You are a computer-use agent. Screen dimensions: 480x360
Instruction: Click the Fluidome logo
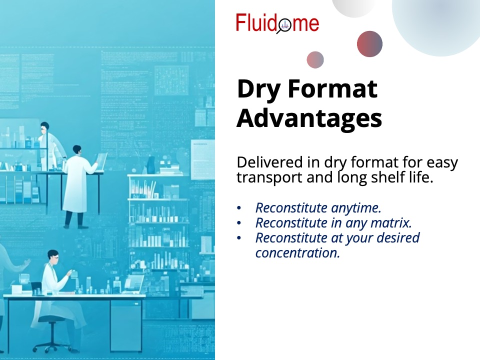[277, 23]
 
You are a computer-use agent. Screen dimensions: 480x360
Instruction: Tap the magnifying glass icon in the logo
[284, 25]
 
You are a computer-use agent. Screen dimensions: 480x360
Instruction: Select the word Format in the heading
[332, 88]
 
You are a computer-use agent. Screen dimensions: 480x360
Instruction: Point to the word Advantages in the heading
[309, 118]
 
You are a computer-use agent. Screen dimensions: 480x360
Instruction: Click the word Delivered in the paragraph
[269, 162]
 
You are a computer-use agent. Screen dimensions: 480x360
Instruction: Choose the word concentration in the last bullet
[297, 253]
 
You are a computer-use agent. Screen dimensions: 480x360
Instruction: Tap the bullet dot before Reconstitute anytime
[239, 208]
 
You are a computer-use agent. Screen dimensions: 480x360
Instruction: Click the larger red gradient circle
[369, 44]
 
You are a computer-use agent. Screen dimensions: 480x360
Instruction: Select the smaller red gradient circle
[315, 59]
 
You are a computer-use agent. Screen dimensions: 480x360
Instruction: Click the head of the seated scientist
[53, 256]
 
